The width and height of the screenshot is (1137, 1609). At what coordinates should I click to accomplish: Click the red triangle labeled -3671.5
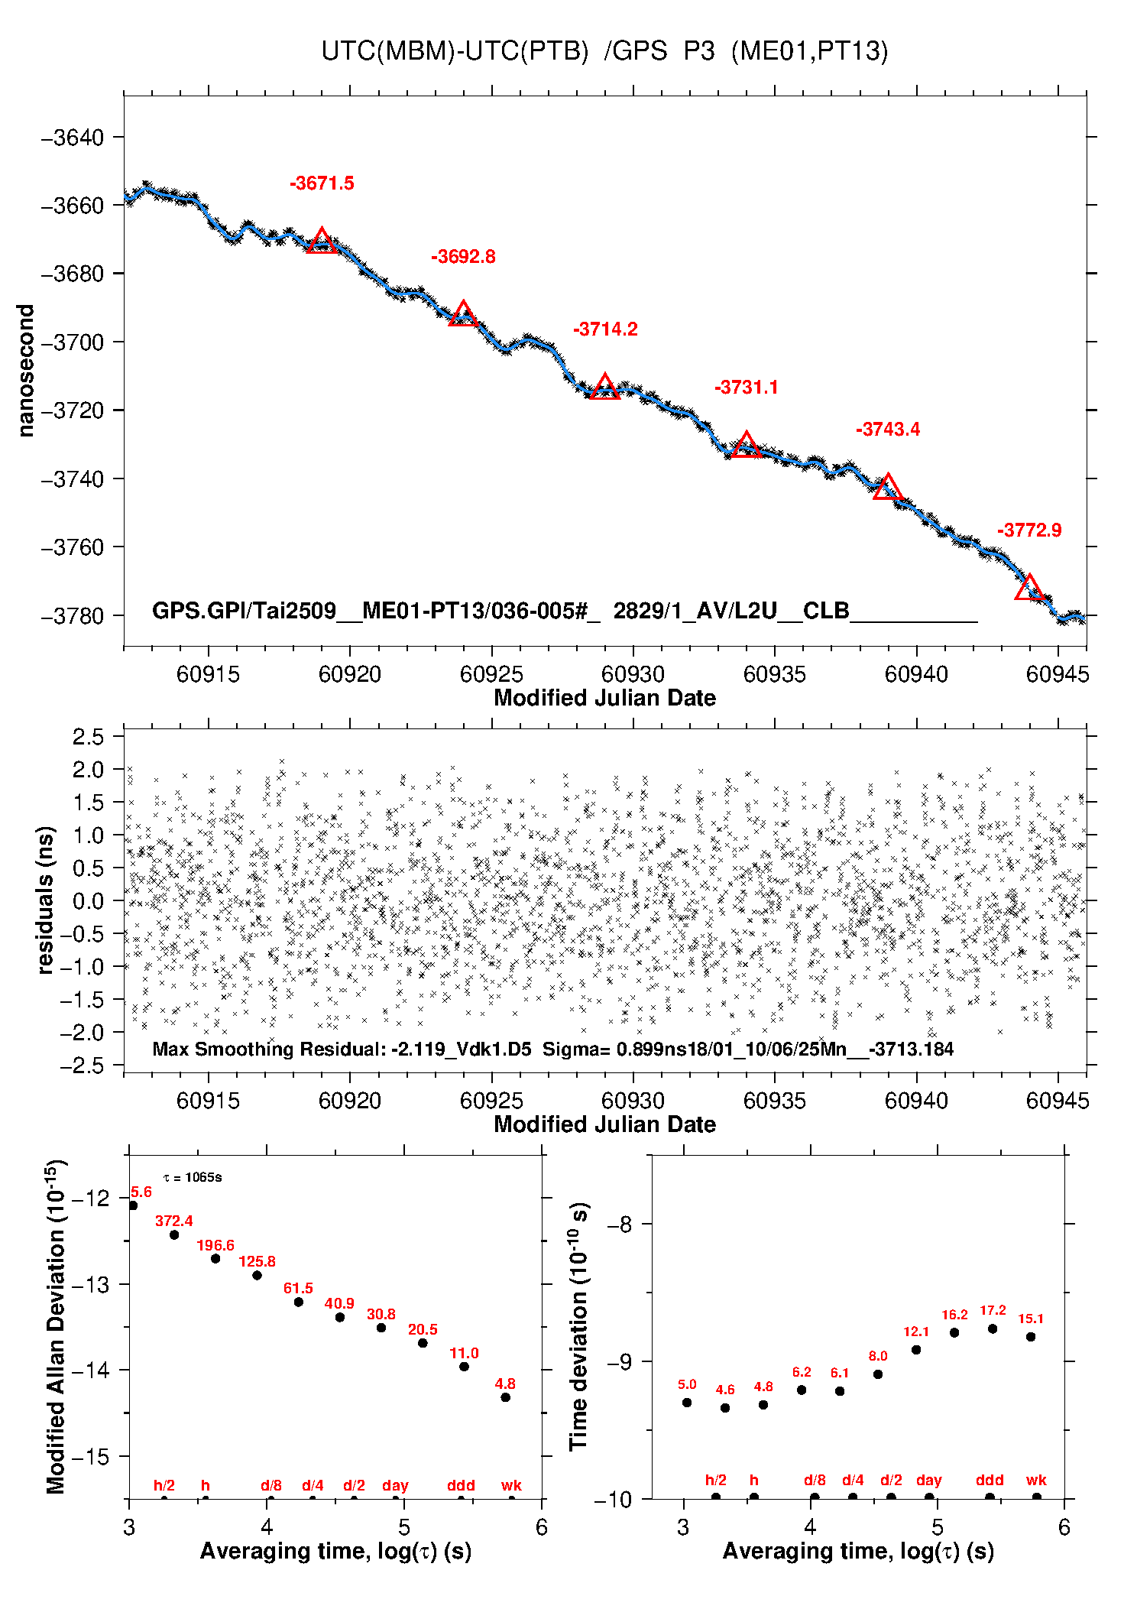click(x=322, y=241)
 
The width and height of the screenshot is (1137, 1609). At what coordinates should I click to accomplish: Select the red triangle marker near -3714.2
click(x=604, y=388)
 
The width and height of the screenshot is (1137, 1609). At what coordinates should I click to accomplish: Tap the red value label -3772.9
click(x=1028, y=530)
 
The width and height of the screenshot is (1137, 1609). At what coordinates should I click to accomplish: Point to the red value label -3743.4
click(x=887, y=429)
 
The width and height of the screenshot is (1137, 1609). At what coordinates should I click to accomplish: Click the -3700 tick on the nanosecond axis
click(x=72, y=342)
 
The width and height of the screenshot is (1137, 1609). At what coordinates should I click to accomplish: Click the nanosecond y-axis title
click(x=26, y=371)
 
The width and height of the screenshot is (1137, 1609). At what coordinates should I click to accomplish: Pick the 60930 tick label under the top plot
click(x=633, y=674)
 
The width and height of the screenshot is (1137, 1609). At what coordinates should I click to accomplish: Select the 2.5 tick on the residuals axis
click(x=88, y=737)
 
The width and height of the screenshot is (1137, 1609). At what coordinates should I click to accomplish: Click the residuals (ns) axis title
click(x=46, y=900)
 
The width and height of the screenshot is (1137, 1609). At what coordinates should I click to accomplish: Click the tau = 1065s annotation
click(x=193, y=1177)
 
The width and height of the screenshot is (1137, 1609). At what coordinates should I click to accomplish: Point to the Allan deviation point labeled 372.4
click(x=174, y=1234)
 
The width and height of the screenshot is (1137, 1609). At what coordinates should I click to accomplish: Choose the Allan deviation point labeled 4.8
click(x=505, y=1397)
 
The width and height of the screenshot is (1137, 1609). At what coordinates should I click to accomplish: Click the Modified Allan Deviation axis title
click(x=56, y=1326)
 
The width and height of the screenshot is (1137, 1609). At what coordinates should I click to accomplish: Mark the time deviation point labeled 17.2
click(x=993, y=1328)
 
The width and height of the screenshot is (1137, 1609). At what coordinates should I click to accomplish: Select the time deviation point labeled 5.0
click(x=687, y=1403)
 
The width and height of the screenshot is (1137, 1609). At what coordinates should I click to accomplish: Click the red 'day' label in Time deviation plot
click(x=928, y=1480)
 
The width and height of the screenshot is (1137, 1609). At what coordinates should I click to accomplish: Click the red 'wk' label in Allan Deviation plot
click(x=511, y=1485)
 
